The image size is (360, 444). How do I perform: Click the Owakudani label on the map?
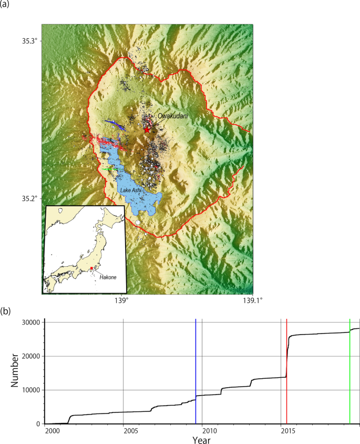coord(173,116)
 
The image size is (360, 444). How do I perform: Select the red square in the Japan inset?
coord(91,268)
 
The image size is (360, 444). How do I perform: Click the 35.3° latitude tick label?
coord(31,41)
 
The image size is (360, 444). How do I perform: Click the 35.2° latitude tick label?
coord(31,199)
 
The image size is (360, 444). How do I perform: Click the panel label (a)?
coord(6,6)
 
